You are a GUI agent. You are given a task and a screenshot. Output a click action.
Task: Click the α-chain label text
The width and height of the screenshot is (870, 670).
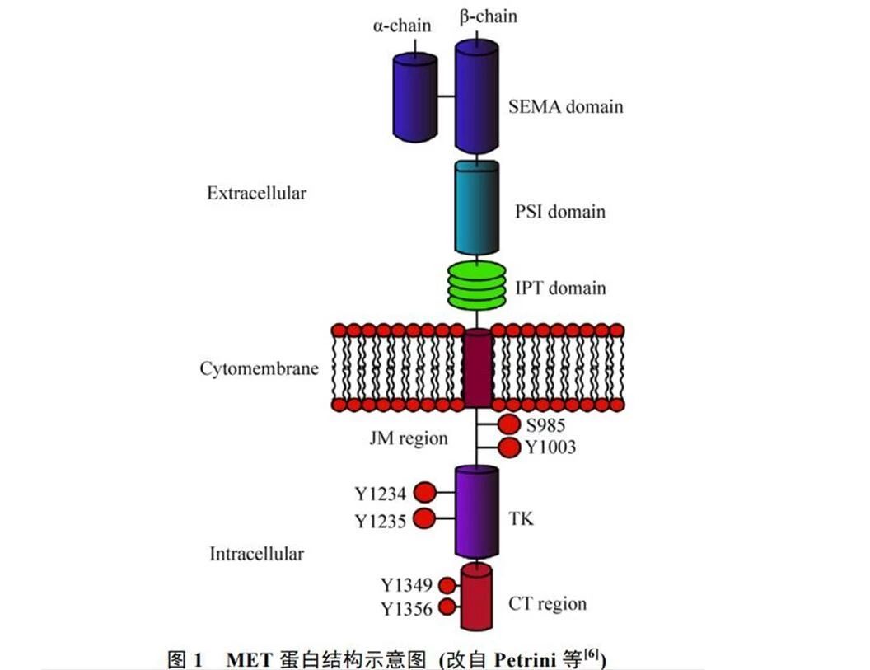click(x=401, y=26)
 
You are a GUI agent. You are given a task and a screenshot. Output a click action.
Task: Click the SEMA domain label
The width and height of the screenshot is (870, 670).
click(x=565, y=106)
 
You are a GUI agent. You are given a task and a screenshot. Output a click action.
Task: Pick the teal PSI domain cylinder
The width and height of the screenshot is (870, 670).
click(x=477, y=207)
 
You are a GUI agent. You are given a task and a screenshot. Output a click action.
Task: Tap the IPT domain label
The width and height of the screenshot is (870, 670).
click(x=560, y=288)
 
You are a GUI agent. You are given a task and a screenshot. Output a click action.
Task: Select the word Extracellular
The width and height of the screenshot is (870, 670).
click(x=256, y=194)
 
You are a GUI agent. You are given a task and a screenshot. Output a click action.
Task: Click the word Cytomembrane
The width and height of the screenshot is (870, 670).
click(x=259, y=368)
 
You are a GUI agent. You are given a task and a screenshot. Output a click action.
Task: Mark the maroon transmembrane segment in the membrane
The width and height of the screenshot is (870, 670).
click(x=478, y=368)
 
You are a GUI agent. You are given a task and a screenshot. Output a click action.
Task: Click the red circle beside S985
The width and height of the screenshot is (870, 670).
click(x=508, y=425)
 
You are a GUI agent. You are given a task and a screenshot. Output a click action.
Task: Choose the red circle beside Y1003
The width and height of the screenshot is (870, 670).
click(x=508, y=447)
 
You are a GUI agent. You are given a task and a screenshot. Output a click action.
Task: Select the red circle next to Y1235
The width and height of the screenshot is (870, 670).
click(x=424, y=519)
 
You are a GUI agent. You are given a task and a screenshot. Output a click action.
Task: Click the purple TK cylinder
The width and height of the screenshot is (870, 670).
click(x=477, y=512)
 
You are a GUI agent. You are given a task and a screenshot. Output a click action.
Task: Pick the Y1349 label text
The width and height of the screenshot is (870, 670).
click(x=407, y=586)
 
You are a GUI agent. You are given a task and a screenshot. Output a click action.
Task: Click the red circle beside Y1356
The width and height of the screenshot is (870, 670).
click(x=447, y=608)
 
